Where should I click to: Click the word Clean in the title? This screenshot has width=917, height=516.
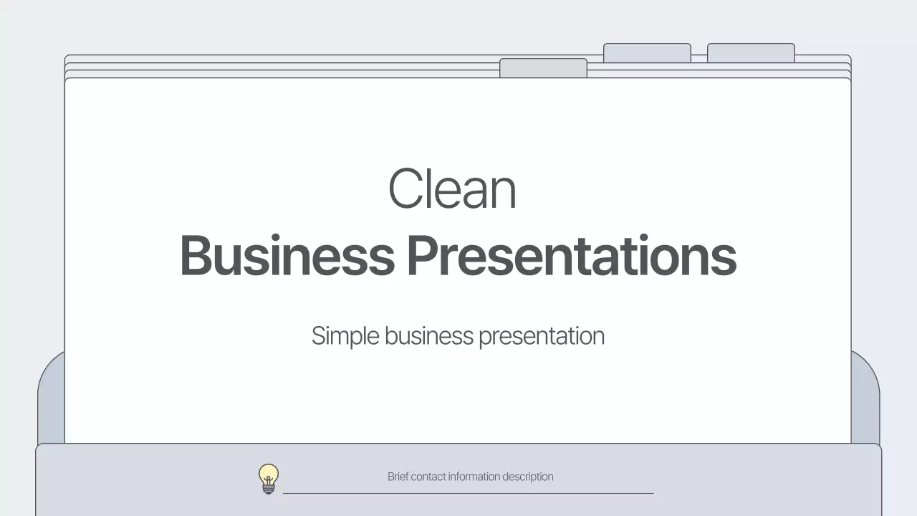click(452, 188)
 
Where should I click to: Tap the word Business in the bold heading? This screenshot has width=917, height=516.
click(287, 256)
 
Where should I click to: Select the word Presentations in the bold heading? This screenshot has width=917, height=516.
click(572, 256)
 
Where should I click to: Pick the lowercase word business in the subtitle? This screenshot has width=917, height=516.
click(429, 336)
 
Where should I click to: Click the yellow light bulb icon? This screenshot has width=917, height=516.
click(269, 477)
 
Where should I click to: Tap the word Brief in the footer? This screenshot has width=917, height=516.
click(398, 477)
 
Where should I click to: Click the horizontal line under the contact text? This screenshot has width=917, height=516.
click(469, 493)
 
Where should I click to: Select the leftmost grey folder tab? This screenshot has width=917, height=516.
click(543, 68)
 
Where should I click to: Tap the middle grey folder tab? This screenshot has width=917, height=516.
click(647, 53)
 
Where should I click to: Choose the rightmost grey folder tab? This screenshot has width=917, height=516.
click(751, 53)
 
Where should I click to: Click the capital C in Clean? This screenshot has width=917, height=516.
click(403, 188)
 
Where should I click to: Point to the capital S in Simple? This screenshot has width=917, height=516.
click(319, 336)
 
